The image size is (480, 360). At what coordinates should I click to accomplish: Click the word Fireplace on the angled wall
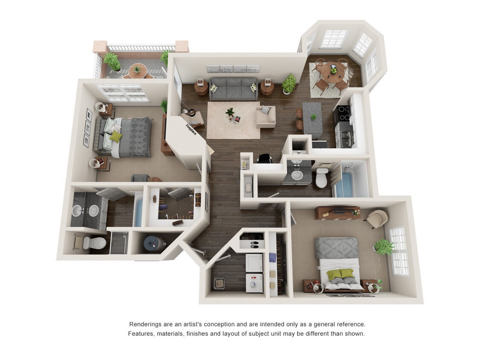[191, 129]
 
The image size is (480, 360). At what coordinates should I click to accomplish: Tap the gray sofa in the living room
[233, 88]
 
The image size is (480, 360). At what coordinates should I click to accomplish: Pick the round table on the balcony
[137, 70]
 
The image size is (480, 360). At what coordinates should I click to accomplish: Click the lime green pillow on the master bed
[116, 136]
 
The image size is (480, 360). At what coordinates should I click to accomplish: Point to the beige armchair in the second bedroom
[377, 218]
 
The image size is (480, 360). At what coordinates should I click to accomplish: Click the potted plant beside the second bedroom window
[384, 247]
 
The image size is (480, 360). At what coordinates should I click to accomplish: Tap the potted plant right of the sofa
[289, 83]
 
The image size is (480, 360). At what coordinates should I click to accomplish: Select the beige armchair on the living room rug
[266, 116]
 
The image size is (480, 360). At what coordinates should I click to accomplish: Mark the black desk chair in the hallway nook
[265, 158]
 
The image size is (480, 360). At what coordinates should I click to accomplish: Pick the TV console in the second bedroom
[337, 212]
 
